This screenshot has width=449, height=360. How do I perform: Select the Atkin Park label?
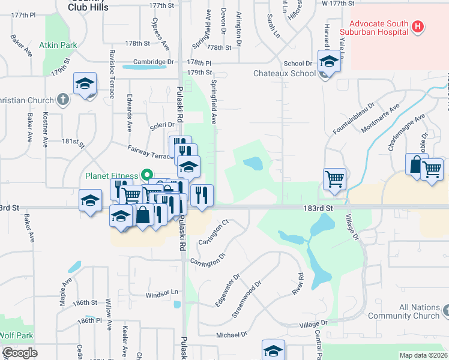tap(58, 45)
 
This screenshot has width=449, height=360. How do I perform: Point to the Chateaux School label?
tap(284, 73)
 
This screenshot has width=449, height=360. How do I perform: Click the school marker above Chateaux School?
tap(328, 62)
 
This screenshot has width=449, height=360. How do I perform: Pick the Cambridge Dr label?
tap(153, 62)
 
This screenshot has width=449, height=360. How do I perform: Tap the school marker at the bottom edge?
tap(273, 350)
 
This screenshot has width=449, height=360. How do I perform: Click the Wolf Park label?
tap(16, 335)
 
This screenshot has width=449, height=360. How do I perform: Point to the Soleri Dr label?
tap(161, 125)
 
